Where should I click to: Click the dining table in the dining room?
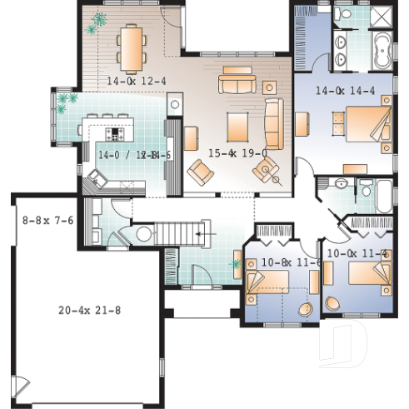click(131, 48)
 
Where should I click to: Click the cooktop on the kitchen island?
click(114, 133)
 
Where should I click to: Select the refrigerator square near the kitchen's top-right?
click(174, 105)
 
